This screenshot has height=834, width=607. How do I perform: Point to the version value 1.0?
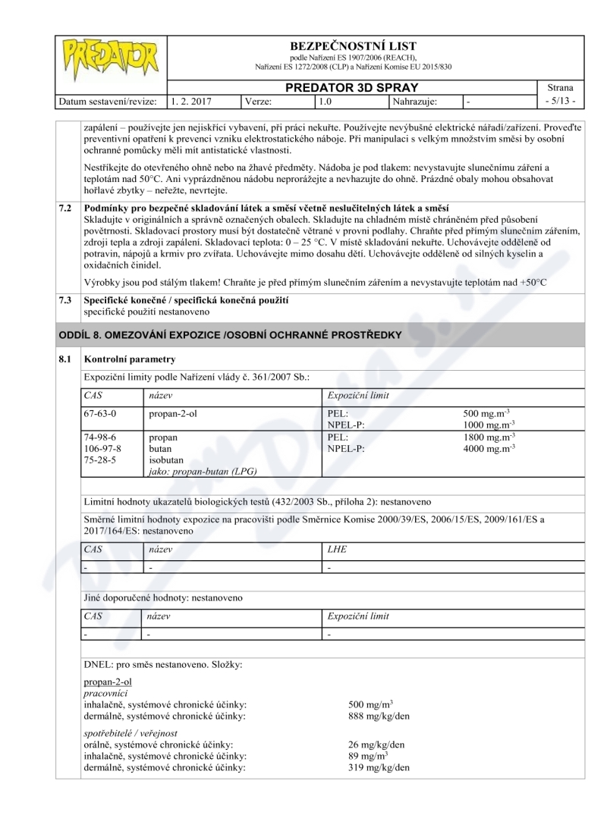click(327, 100)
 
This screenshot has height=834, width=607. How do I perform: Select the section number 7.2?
click(67, 208)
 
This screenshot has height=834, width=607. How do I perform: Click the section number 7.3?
click(67, 300)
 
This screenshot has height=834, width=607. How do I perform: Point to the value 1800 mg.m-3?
click(489, 437)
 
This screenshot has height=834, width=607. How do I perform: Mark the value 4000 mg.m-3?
click(489, 449)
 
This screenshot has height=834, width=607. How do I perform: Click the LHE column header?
click(337, 548)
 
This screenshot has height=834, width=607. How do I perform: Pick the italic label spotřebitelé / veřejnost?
click(130, 733)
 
